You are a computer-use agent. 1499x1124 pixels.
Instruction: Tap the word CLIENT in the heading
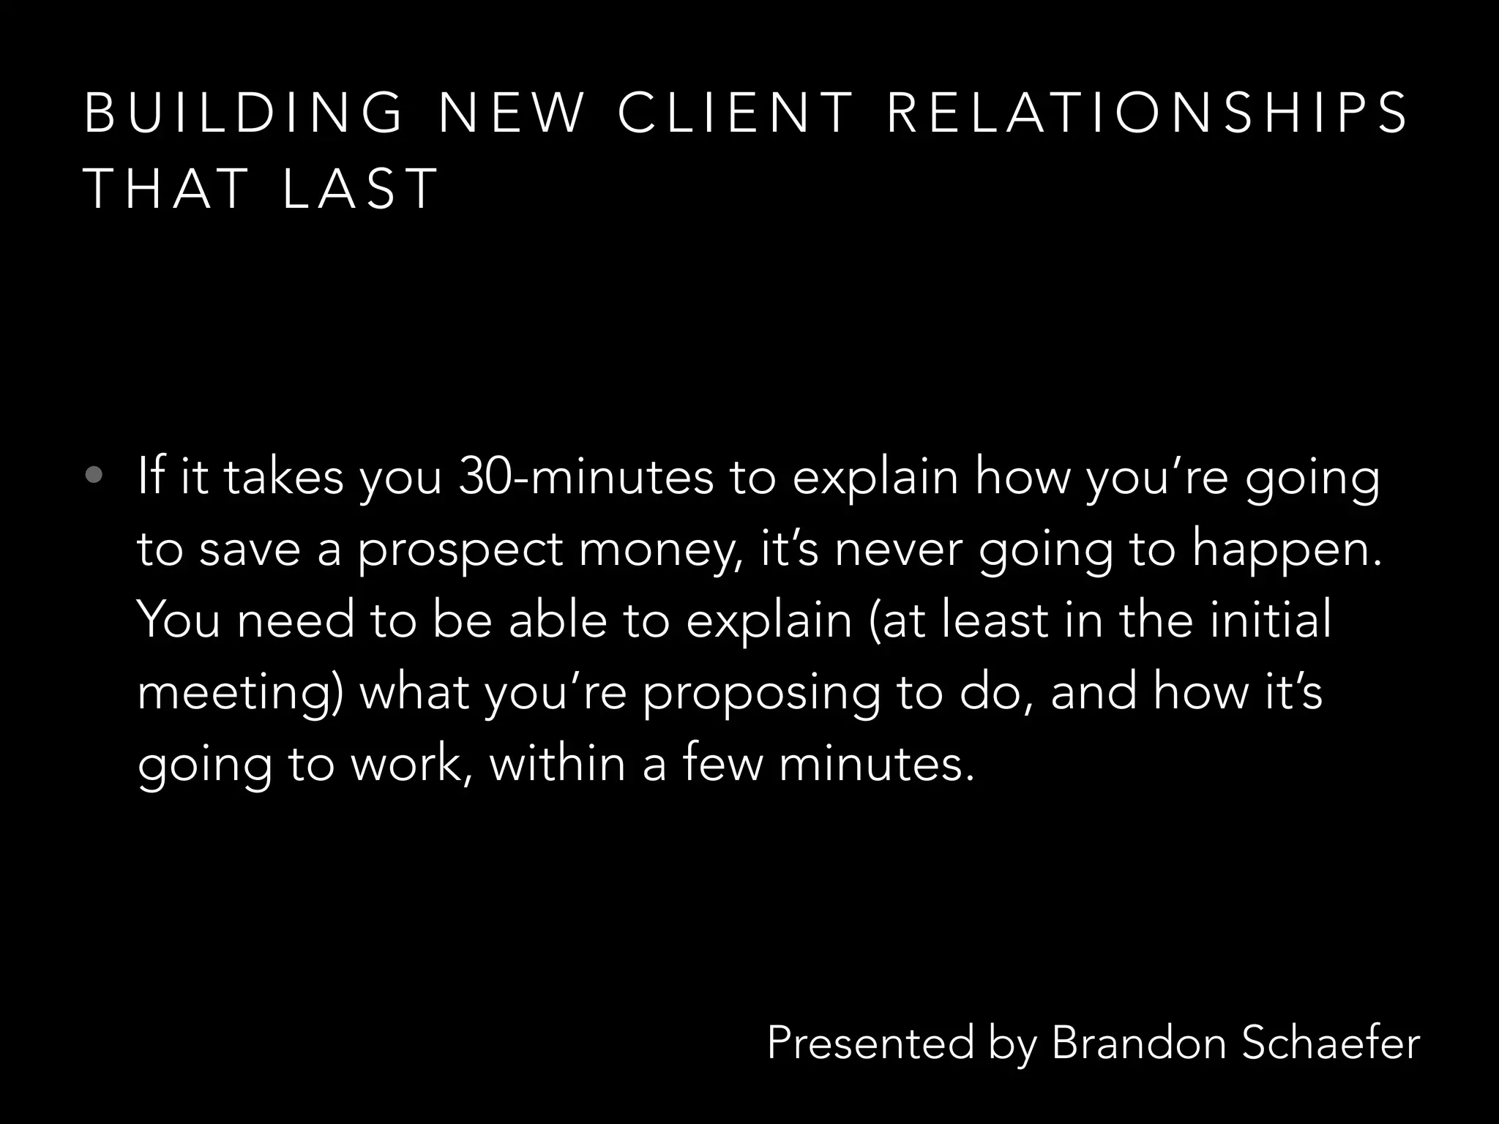pyautogui.click(x=736, y=114)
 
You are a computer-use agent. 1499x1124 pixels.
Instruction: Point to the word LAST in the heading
pyautogui.click(x=359, y=189)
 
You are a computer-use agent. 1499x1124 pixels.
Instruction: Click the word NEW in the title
pyautogui.click(x=512, y=114)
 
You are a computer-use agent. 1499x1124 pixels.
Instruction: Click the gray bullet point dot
pyautogui.click(x=94, y=476)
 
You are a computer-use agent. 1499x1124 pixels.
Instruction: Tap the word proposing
pyautogui.click(x=761, y=692)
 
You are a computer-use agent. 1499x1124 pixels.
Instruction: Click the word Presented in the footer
pyautogui.click(x=871, y=1042)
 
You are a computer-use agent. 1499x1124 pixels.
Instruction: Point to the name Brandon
pyautogui.click(x=1138, y=1042)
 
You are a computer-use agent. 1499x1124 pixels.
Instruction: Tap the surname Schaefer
pyautogui.click(x=1331, y=1042)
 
